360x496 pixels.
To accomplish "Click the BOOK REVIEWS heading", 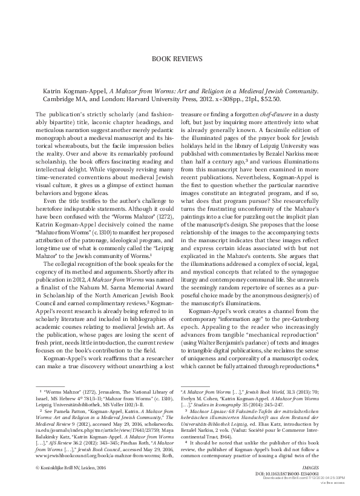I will click(x=180, y=60).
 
